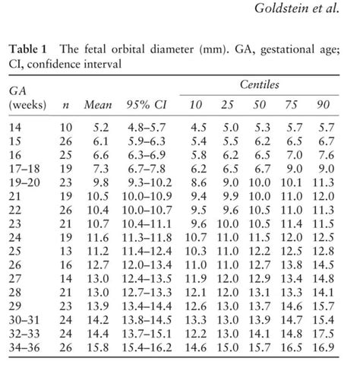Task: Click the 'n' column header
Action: coord(65,103)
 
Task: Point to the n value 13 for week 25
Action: coord(65,250)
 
